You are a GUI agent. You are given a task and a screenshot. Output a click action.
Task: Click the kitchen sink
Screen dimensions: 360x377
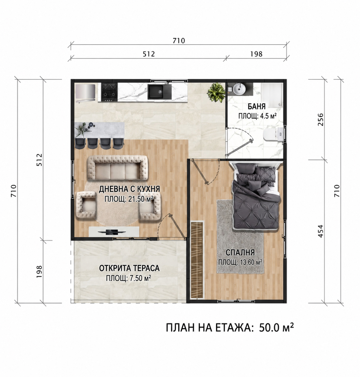tap(159, 92)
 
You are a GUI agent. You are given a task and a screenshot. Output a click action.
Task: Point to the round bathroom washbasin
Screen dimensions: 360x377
tap(239, 89)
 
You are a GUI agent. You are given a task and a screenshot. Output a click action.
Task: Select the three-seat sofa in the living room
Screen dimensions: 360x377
tap(117, 168)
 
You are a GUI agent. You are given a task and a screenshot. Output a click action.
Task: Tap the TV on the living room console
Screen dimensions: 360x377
tap(112, 232)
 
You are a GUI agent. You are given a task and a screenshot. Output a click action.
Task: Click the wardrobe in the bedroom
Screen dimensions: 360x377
tap(197, 260)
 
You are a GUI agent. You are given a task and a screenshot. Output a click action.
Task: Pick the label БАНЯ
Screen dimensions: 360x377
tap(257, 107)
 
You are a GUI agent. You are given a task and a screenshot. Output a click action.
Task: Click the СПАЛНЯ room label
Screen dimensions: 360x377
tap(240, 253)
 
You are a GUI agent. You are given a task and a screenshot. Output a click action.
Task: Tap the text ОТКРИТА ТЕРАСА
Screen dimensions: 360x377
tap(129, 269)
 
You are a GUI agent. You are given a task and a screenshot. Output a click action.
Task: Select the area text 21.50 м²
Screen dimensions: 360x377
tap(141, 199)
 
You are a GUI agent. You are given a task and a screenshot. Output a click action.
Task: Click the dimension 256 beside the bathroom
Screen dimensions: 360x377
tap(321, 120)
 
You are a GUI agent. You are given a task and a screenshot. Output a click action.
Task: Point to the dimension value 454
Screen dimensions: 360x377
tap(321, 231)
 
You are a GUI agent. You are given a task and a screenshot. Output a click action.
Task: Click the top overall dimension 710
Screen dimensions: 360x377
tap(179, 41)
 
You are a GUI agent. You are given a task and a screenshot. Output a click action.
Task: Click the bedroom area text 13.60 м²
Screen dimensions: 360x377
tap(251, 262)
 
